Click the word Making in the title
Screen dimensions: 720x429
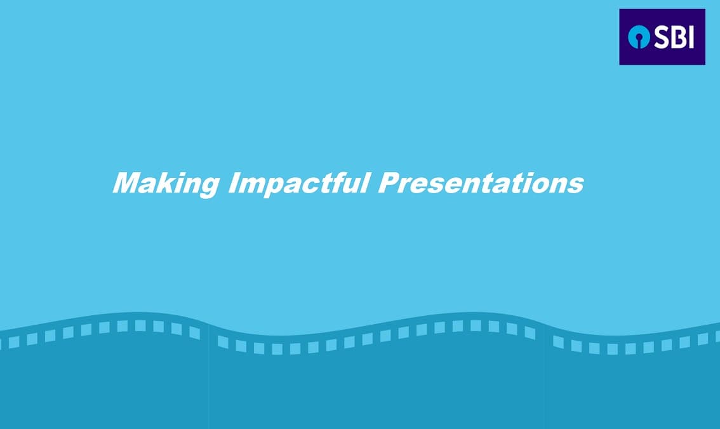click(x=166, y=184)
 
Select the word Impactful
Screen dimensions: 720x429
click(x=299, y=184)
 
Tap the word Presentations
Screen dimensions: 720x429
click(x=481, y=183)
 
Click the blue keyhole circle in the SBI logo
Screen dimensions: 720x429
click(x=639, y=37)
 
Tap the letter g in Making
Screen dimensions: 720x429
click(x=208, y=187)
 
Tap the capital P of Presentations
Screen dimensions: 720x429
click(x=390, y=182)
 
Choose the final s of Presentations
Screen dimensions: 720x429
click(x=575, y=186)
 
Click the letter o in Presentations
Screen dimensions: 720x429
click(x=541, y=186)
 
